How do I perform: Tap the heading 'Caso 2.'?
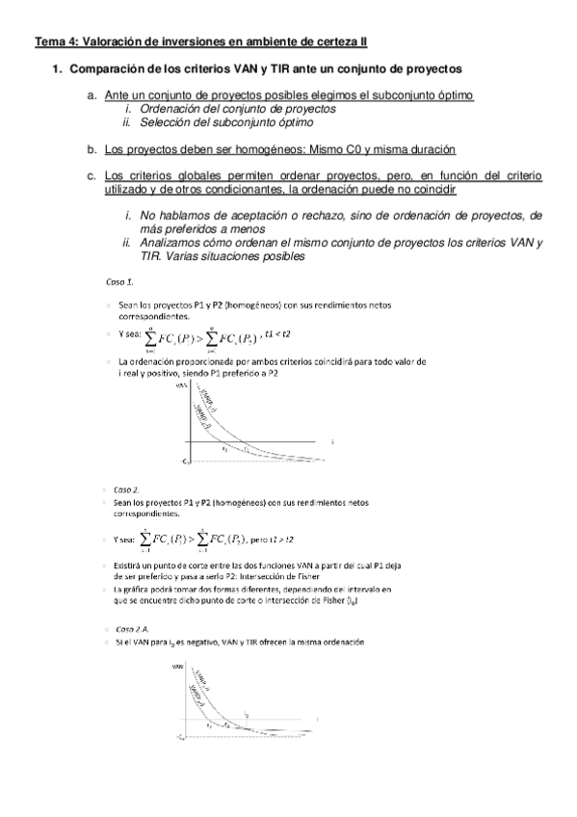(127, 488)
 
